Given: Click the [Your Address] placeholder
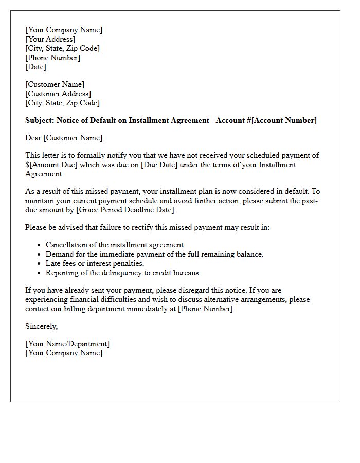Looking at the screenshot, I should click(x=50, y=39).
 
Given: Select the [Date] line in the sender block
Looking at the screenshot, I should click(x=35, y=67).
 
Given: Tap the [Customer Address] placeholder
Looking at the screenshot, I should click(x=58, y=94).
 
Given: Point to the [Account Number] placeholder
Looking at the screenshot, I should click(x=284, y=120).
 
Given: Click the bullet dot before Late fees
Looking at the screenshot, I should click(x=40, y=263).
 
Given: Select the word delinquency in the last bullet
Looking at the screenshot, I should click(x=116, y=273).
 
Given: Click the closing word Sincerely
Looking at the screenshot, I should click(x=41, y=326).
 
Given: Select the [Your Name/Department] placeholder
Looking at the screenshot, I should click(x=67, y=344).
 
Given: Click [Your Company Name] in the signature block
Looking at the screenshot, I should click(x=64, y=353).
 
